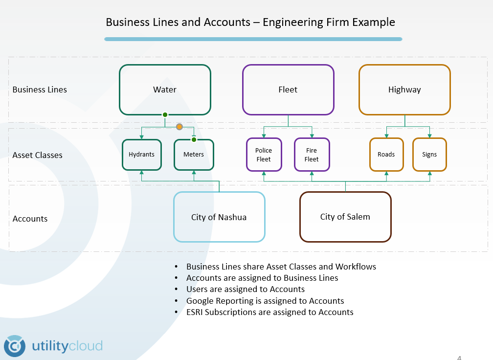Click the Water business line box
[165, 90]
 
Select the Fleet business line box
[288, 90]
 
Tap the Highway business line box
[404, 90]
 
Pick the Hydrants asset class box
[141, 155]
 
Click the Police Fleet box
[264, 155]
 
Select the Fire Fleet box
[312, 155]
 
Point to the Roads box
[386, 155]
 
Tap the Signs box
[429, 155]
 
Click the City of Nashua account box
[219, 217]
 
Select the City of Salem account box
[345, 217]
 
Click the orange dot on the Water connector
[179, 127]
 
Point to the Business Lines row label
[40, 90]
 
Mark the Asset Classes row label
[38, 156]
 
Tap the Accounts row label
[30, 219]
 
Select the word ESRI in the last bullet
[196, 312]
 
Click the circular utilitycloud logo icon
[15, 346]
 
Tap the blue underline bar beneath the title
[253, 39]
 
